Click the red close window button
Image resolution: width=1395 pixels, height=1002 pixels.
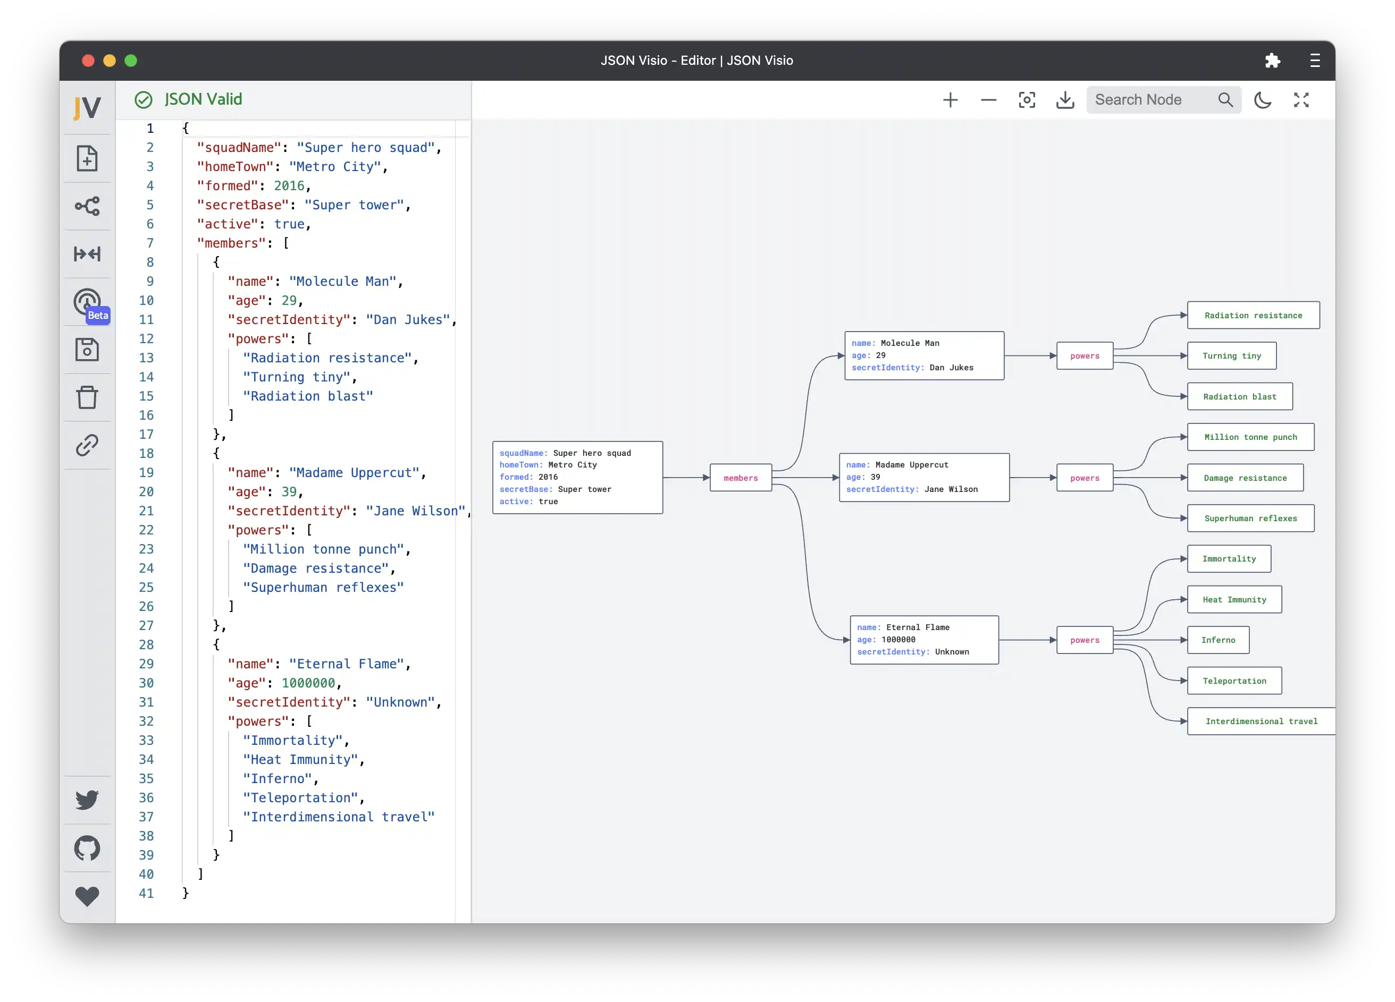pyautogui.click(x=88, y=60)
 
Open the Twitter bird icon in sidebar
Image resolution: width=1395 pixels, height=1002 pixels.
pyautogui.click(x=87, y=799)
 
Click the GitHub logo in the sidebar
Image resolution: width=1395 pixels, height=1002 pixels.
pyautogui.click(x=87, y=848)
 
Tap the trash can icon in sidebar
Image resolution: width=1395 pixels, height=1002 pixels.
pyautogui.click(x=87, y=397)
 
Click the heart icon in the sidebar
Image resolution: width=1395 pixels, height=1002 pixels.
pyautogui.click(x=87, y=896)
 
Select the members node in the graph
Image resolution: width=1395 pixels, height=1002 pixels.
pyautogui.click(x=741, y=478)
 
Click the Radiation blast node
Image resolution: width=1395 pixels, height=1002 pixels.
pyautogui.click(x=1239, y=396)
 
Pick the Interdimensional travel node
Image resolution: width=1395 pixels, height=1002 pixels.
pyautogui.click(x=1261, y=721)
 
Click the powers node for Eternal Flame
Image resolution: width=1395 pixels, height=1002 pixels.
pyautogui.click(x=1085, y=640)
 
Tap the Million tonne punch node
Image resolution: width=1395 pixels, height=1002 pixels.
pyautogui.click(x=1250, y=437)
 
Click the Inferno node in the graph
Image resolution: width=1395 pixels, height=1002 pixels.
pyautogui.click(x=1218, y=640)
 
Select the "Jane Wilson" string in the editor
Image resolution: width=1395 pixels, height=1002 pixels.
pyautogui.click(x=416, y=511)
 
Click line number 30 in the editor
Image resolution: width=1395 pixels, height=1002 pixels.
pyautogui.click(x=146, y=683)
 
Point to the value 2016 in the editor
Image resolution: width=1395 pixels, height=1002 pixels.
pyautogui.click(x=289, y=185)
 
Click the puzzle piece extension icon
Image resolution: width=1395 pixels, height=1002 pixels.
pyautogui.click(x=1273, y=60)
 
